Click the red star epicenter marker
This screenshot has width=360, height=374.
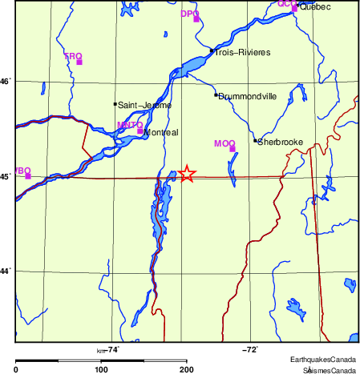click(x=186, y=174)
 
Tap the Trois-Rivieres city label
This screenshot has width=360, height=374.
click(x=242, y=53)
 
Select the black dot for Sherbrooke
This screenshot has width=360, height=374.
click(x=255, y=141)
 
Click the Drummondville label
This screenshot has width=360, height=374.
click(x=248, y=96)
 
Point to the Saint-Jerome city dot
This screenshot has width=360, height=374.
click(x=115, y=103)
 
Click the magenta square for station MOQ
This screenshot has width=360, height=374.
click(x=233, y=148)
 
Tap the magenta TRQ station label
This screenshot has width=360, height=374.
click(x=73, y=56)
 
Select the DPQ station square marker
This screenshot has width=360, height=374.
click(x=196, y=18)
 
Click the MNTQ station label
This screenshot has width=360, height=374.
click(x=129, y=125)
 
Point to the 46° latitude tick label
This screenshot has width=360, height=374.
click(x=6, y=81)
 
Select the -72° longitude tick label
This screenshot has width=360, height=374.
click(x=250, y=349)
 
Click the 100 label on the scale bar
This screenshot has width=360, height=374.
click(x=101, y=369)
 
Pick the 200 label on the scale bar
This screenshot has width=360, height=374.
click(x=186, y=369)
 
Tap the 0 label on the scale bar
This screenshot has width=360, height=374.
click(x=17, y=369)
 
